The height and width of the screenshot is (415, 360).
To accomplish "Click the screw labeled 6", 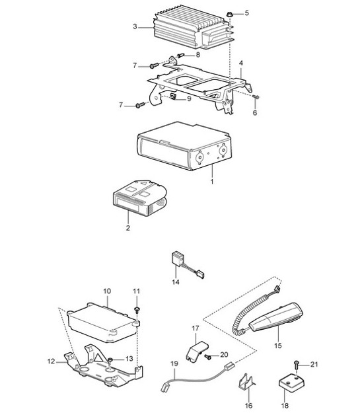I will [x=256, y=98].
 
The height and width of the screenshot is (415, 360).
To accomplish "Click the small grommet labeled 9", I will [x=174, y=98].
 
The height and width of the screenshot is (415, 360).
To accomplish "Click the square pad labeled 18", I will [x=291, y=381].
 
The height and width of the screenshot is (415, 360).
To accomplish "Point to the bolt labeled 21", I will [x=297, y=363].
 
